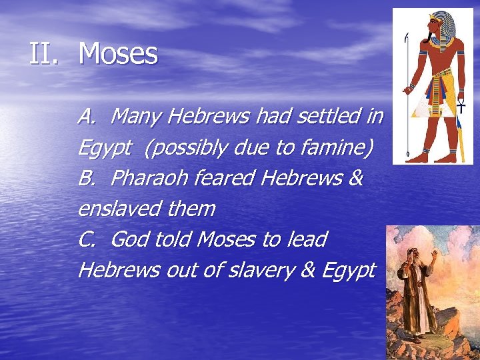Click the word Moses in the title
(x=118, y=54)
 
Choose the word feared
(x=223, y=179)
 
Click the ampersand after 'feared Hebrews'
(x=355, y=179)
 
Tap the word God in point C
(x=130, y=239)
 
